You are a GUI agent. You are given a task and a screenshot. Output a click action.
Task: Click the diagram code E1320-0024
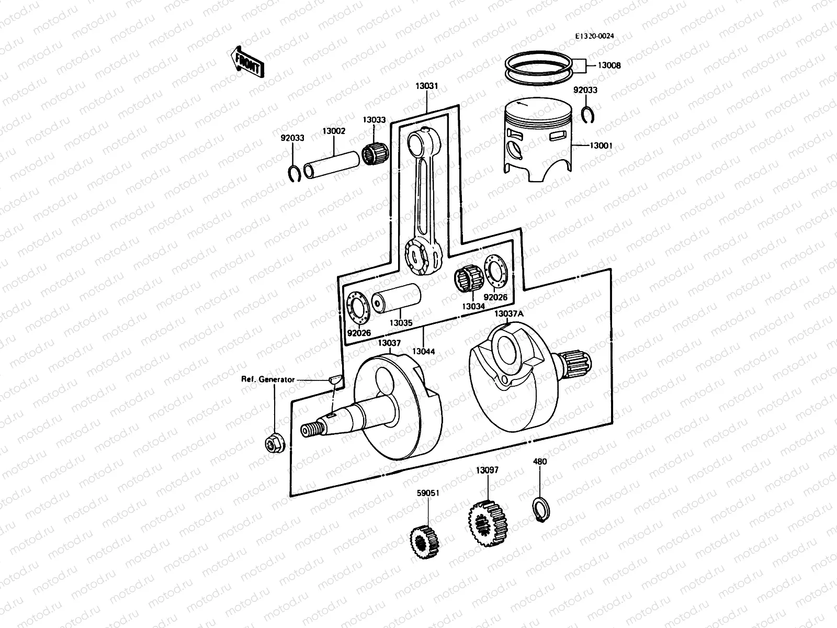click(x=594, y=36)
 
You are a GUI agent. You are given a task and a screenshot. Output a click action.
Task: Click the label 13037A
click(x=508, y=313)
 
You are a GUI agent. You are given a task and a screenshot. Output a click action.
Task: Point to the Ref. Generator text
click(x=268, y=379)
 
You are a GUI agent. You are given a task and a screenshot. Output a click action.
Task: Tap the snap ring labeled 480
click(x=539, y=510)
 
